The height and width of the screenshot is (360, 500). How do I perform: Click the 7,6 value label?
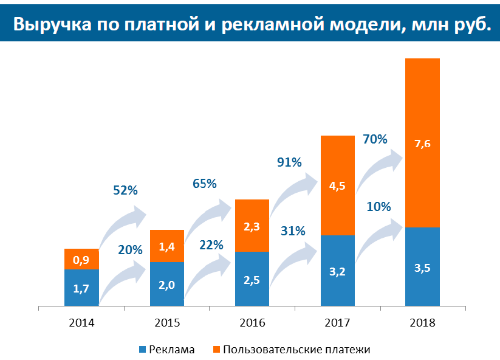point(422,144)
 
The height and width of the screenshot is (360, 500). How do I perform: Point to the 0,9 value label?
point(81,260)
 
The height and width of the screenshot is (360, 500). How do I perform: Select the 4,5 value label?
point(337,186)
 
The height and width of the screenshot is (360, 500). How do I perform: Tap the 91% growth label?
point(289,162)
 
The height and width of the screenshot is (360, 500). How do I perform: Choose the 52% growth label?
point(126,190)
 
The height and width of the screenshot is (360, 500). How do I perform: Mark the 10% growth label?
point(378,207)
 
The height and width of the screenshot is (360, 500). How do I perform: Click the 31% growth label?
point(293,231)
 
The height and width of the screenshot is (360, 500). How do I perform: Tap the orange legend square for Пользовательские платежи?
point(216,350)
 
